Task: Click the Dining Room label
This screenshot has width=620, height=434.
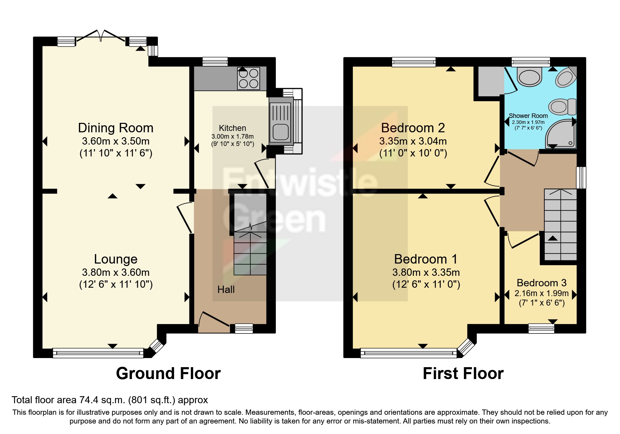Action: point(116,128)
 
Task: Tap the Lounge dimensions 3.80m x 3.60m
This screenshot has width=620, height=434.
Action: point(116,272)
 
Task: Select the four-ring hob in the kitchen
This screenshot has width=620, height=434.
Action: point(249,78)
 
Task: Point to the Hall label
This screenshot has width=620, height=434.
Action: point(226,289)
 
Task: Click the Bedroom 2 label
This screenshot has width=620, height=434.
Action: point(413,128)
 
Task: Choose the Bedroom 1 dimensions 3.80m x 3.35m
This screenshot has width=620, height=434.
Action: point(426,272)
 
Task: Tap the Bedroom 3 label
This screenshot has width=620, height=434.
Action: point(541,283)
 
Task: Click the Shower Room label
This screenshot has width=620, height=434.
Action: point(528,115)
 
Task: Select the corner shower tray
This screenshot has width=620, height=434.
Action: point(560,135)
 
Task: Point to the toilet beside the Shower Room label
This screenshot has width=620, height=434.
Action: point(562,106)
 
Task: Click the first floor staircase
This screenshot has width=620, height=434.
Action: point(560,224)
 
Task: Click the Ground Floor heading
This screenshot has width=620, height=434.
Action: point(168,373)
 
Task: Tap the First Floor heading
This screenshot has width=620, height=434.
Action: point(463,373)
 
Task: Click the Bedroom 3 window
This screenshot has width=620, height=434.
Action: point(541,328)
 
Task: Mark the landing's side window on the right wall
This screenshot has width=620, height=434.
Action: point(581,177)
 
